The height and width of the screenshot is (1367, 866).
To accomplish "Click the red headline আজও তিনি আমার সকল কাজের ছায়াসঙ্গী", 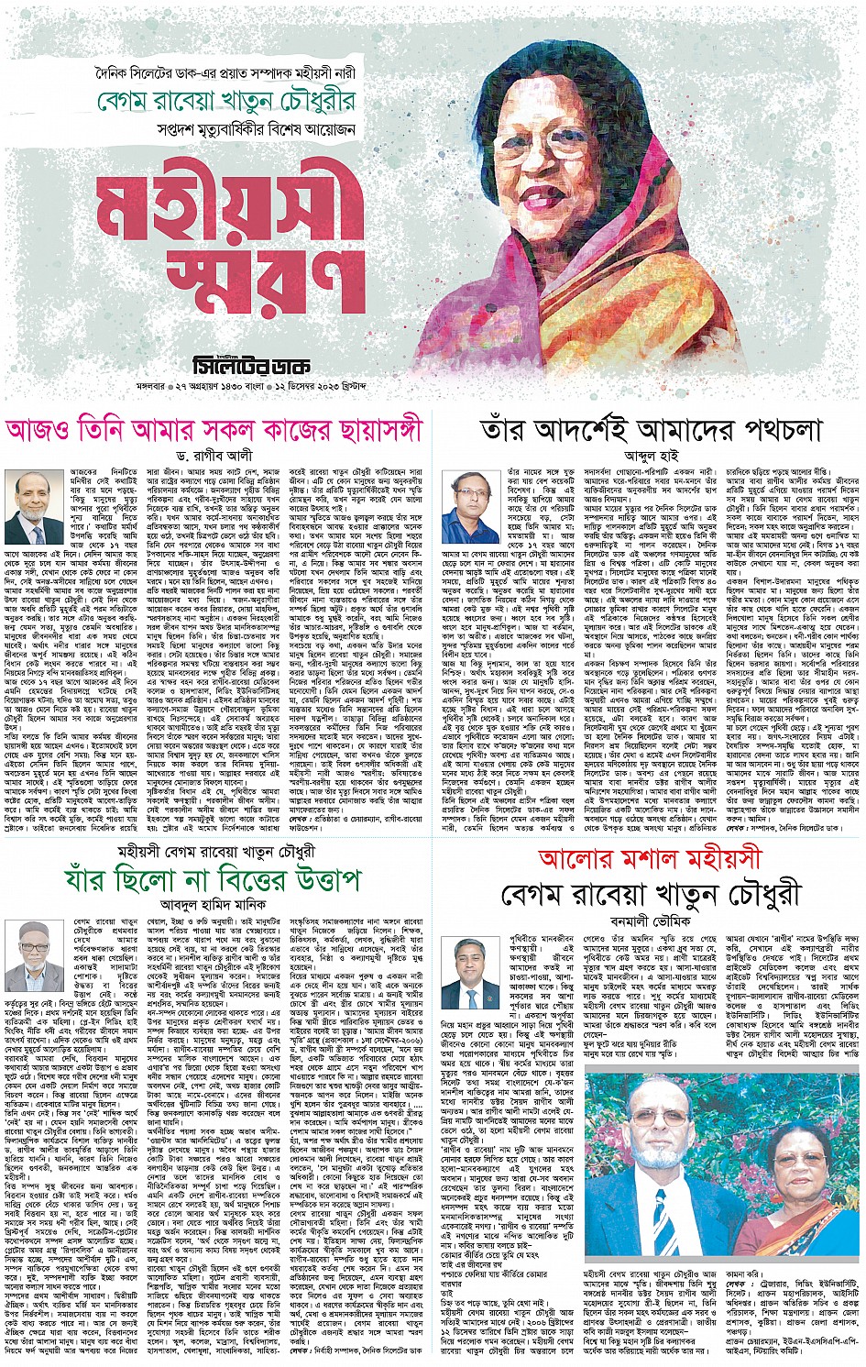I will (215, 429).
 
